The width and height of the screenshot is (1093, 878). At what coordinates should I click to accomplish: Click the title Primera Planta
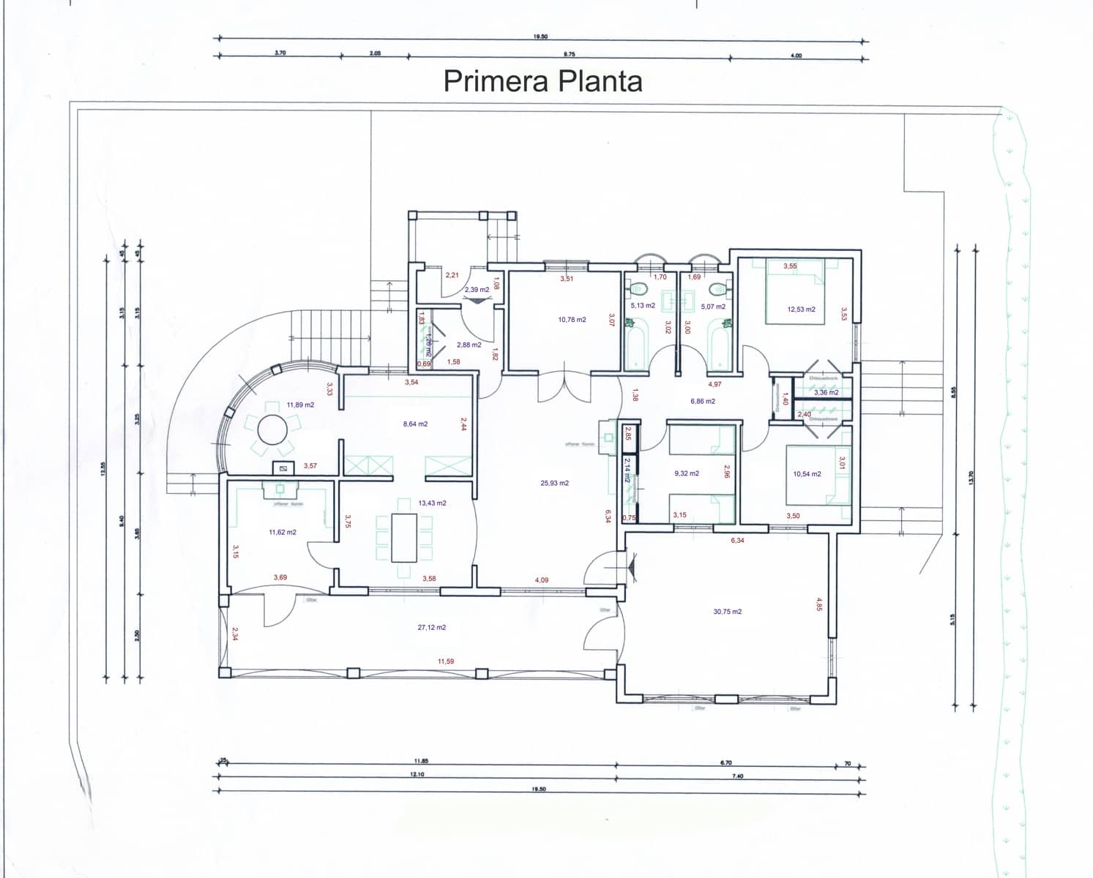tap(542, 80)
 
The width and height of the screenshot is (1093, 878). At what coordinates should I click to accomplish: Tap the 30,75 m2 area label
tap(727, 612)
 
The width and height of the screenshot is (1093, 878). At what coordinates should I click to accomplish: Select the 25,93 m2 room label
tap(554, 483)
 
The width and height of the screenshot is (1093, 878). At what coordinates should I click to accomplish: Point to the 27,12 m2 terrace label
tap(431, 627)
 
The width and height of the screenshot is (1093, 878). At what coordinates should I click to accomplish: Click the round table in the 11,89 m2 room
tap(272, 429)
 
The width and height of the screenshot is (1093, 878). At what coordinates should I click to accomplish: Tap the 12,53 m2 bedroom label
tap(801, 309)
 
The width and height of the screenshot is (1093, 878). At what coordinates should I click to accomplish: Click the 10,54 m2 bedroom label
tap(807, 474)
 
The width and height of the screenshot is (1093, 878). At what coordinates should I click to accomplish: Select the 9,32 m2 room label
tap(686, 473)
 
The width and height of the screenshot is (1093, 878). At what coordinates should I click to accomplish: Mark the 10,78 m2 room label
tap(572, 320)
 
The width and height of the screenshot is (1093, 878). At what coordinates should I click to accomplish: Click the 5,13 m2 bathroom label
tap(643, 306)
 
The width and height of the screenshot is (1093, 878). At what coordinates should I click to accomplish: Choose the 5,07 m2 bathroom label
tap(712, 307)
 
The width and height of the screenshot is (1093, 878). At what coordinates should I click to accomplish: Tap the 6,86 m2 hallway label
tap(702, 401)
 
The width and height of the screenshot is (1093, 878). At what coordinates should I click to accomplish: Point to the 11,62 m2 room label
tap(283, 533)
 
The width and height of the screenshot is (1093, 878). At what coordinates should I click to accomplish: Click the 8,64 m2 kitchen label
tap(415, 424)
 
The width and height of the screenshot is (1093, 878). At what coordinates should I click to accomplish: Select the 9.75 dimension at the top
tap(569, 54)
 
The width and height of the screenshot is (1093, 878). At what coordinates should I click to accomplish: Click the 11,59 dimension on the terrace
tap(445, 661)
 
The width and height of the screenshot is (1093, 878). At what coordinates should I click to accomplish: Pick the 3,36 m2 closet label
tap(826, 393)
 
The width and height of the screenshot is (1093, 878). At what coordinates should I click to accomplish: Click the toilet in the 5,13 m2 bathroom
tap(636, 288)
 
